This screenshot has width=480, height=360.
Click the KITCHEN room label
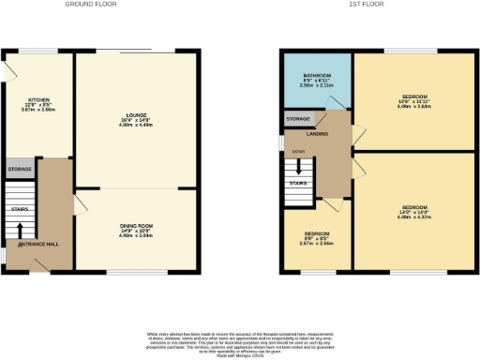coord(38,97)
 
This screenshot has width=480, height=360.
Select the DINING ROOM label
coord(136,226)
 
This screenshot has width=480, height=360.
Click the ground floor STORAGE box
coord(20,170)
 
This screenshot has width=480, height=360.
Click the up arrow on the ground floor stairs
coord(21,229)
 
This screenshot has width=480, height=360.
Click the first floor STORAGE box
coord(299,120)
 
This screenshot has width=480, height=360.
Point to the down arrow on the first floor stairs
coord(299,167)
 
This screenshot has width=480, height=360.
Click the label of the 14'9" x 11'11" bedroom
coord(414,97)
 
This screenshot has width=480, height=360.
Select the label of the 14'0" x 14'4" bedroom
coord(414,206)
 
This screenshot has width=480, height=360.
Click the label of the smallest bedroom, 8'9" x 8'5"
coord(316,232)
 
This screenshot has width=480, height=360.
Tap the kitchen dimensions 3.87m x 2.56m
coord(38,109)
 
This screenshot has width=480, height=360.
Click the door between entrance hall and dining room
coord(79,203)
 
